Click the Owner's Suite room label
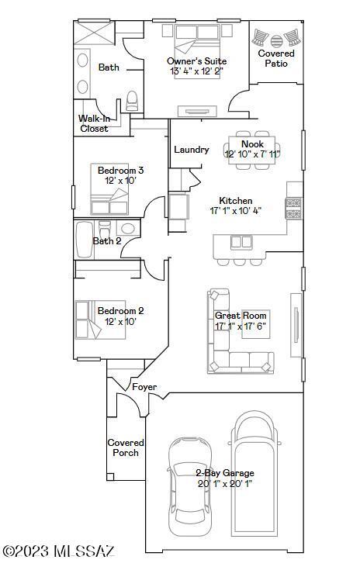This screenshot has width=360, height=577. coord(196,61)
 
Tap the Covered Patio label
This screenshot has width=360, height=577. coord(276,58)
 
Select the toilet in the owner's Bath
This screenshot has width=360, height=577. coord(132,101)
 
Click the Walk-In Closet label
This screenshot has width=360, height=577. coord(94,123)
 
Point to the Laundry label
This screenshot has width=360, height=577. coord(192,150)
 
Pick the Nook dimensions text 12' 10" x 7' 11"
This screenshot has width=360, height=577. coord(252,154)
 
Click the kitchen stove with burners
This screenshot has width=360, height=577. coord(293,209)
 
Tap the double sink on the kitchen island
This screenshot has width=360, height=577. coord(241,242)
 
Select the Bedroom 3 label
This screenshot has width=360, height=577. coord(120,171)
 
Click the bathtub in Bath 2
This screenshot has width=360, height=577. coord(85,240)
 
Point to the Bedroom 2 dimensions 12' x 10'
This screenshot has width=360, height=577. coord(120,322)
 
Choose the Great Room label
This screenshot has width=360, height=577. coord(241,316)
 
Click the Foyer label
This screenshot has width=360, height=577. coord(144,387)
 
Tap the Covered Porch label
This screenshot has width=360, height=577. coord(126,447)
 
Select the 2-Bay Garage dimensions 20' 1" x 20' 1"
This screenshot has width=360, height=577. coord(224,483)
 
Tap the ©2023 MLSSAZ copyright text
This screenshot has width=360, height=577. coord(59,551)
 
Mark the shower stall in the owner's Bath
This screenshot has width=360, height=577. coord(94,33)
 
